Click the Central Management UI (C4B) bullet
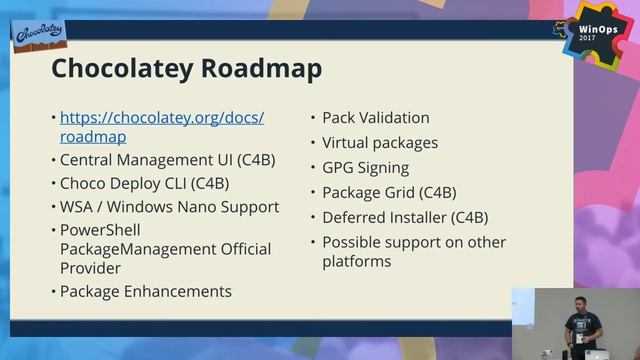pos(167,159)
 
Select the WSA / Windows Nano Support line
pos(169,207)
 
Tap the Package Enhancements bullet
pos(146,292)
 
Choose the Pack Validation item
pos(375,118)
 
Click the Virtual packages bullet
pos(380,143)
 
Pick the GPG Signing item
pos(365,168)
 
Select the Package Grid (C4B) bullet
pos(389,192)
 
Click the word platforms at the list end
pos(356,262)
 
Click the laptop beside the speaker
pos(598,353)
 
